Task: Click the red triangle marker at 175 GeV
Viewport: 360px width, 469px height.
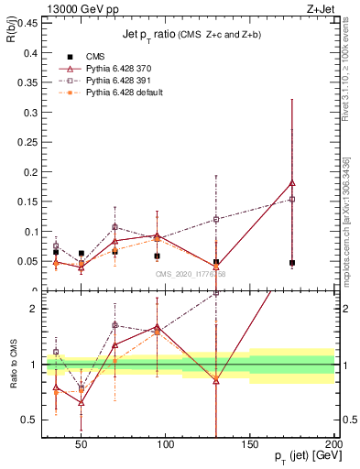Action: tap(292, 183)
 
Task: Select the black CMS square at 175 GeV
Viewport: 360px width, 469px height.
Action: tap(292, 263)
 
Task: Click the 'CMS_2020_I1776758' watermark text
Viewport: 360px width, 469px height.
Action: tap(191, 273)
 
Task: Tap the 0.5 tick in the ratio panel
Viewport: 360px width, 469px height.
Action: tap(29, 420)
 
